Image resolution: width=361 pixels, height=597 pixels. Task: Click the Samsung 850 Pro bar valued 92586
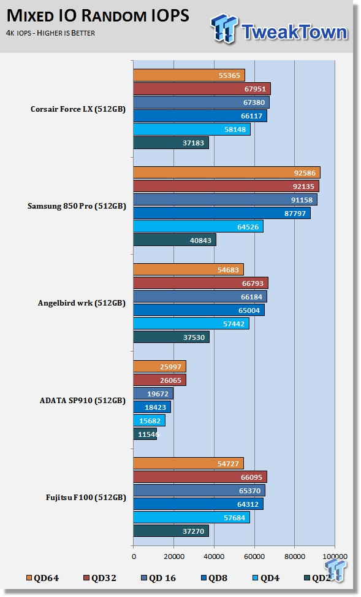point(227,173)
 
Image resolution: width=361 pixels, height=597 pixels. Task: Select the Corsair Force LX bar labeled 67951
point(202,89)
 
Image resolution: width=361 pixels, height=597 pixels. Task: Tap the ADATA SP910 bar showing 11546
point(145,434)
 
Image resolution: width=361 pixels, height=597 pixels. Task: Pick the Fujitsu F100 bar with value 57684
point(192,517)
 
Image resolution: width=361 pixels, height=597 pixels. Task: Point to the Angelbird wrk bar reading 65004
point(199,310)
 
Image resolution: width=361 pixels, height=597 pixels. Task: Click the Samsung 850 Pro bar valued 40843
point(175,240)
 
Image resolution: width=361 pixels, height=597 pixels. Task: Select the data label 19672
point(158,394)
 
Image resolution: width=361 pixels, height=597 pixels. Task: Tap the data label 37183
point(193,143)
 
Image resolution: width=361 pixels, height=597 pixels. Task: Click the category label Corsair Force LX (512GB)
point(78,109)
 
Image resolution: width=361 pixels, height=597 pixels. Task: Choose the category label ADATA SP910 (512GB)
point(83,401)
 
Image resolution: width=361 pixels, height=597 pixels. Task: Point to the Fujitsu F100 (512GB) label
point(86,498)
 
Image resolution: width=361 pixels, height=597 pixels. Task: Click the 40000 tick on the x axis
point(214,557)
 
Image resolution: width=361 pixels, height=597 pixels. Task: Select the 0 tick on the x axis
point(134,557)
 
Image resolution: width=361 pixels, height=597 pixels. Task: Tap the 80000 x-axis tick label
point(295,557)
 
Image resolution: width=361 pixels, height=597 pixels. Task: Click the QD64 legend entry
point(43,578)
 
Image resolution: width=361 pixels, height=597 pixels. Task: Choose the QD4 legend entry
point(266,578)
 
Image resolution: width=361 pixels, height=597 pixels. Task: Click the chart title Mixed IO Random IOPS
point(98,15)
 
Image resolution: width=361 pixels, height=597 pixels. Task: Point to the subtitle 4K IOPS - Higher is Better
point(50,33)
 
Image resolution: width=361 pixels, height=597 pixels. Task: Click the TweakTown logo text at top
point(294,32)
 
